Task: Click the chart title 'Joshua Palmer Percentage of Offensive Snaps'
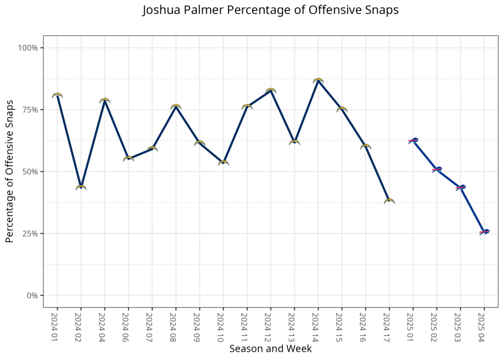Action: pyautogui.click(x=270, y=11)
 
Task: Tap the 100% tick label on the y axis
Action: pyautogui.click(x=28, y=48)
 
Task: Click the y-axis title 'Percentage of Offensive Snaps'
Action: pyautogui.click(x=9, y=171)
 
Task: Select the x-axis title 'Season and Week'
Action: pyautogui.click(x=270, y=349)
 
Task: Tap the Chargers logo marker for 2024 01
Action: pyautogui.click(x=57, y=95)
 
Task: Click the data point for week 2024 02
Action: pyautogui.click(x=81, y=187)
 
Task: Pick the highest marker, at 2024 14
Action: pyautogui.click(x=318, y=80)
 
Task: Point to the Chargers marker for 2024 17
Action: pyautogui.click(x=389, y=201)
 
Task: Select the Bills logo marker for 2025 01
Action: pyautogui.click(x=413, y=141)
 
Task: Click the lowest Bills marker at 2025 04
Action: pyautogui.click(x=484, y=231)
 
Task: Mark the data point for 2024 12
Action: pyautogui.click(x=271, y=91)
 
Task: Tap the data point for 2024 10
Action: pyautogui.click(x=223, y=163)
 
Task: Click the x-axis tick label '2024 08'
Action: pyautogui.click(x=176, y=326)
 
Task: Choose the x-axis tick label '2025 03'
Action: pyautogui.click(x=460, y=326)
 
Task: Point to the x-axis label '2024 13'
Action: pyautogui.click(x=294, y=326)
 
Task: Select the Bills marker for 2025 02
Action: pyautogui.click(x=437, y=169)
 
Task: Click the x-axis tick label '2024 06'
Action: pyautogui.click(x=128, y=326)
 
